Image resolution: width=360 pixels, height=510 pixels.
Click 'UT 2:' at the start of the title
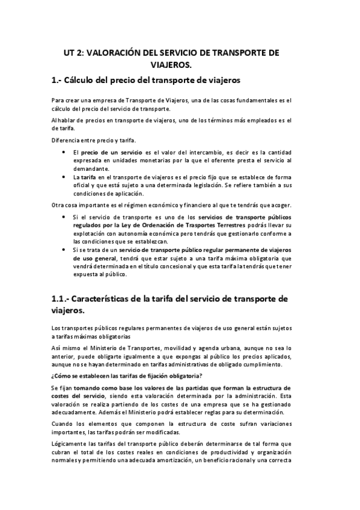[75, 53]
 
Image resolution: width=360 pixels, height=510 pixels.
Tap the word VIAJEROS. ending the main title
[180, 65]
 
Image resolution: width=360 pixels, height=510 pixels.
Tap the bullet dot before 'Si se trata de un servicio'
[64, 248]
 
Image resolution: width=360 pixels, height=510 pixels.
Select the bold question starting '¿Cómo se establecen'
[114, 376]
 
